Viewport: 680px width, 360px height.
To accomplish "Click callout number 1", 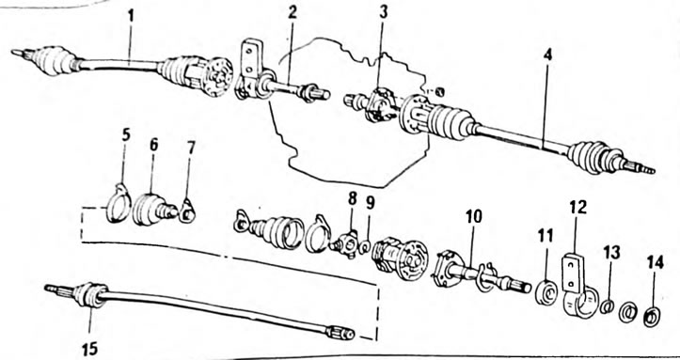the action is [x=131, y=17].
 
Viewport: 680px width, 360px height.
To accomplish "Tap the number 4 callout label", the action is [x=547, y=55].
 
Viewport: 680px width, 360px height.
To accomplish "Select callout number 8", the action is [x=352, y=199].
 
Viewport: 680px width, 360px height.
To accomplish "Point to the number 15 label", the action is [x=89, y=349].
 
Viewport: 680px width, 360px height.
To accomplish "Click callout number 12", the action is [x=578, y=207].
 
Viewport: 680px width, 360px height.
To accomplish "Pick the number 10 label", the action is [x=474, y=216].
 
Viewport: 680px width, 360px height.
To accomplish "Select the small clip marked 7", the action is [x=187, y=211].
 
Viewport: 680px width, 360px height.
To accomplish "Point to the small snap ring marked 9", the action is [x=365, y=247].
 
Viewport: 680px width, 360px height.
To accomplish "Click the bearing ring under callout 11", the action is [x=546, y=293].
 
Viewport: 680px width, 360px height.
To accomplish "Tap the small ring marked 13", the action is [x=608, y=305].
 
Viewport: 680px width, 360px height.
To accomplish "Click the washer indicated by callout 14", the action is [x=652, y=317].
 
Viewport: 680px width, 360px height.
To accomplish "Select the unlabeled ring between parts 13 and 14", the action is [x=627, y=313].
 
